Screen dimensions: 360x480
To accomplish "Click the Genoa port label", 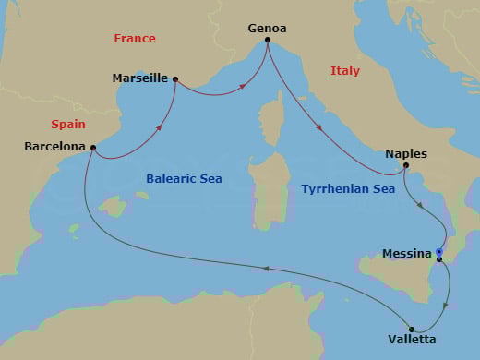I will click(268, 28).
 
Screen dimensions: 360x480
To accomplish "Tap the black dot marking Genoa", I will click(268, 41).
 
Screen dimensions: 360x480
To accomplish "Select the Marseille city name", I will click(139, 79).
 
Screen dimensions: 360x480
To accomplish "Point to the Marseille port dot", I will click(175, 79).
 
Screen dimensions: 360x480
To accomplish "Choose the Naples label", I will click(406, 153).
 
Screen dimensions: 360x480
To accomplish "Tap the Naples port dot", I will click(405, 166).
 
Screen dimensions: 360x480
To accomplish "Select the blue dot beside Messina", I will click(439, 252).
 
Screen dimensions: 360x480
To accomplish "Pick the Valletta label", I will click(413, 340).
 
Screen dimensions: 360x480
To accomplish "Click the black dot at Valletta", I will click(412, 328).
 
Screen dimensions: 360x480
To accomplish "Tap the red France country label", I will click(135, 39).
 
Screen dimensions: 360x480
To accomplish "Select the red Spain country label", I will click(67, 124).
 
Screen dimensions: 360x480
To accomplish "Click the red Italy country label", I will click(345, 71).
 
